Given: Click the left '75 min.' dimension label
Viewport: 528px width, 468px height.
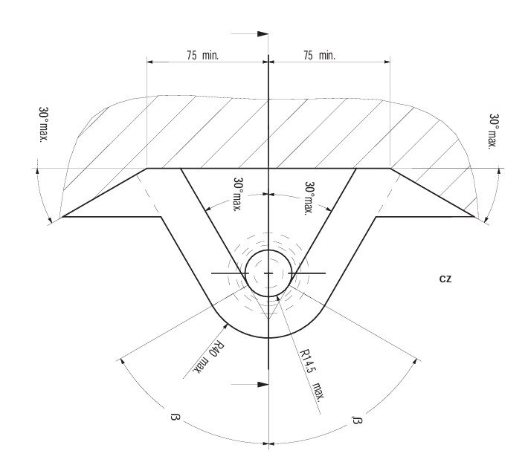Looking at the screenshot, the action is pos(203,55).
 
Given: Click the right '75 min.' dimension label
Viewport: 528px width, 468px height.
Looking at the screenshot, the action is pos(319,55).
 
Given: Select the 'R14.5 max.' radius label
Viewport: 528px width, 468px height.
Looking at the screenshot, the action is pos(312,374).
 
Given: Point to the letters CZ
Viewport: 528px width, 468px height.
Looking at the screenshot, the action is pos(445,279).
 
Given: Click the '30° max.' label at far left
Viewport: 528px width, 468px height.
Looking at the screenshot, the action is pos(44,125).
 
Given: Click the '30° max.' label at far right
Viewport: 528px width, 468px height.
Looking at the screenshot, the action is pos(493,131).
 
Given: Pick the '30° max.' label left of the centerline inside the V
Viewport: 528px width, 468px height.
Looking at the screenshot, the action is pos(238,194).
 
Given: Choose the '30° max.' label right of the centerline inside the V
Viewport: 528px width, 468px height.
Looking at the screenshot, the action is pos(309,198).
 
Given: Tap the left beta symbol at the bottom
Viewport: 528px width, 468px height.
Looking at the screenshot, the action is pos(176,418).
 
